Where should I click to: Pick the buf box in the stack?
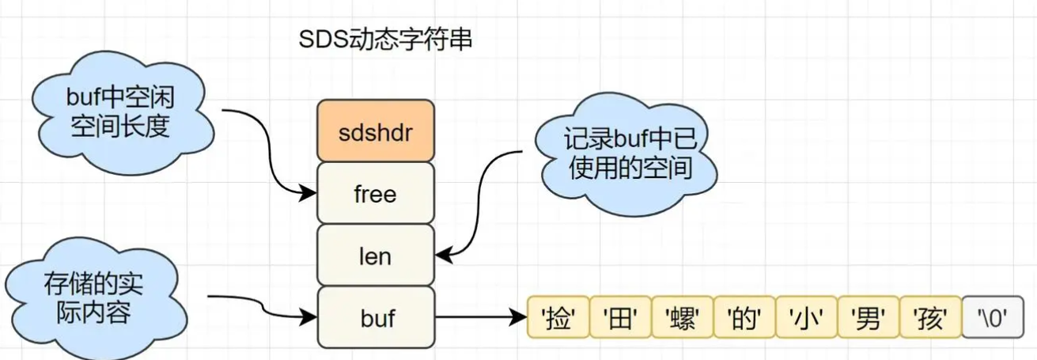point(376,317)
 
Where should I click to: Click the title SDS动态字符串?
point(385,40)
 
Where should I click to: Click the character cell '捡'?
point(558,319)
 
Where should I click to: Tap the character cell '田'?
point(620,319)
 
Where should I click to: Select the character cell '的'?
point(744,319)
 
